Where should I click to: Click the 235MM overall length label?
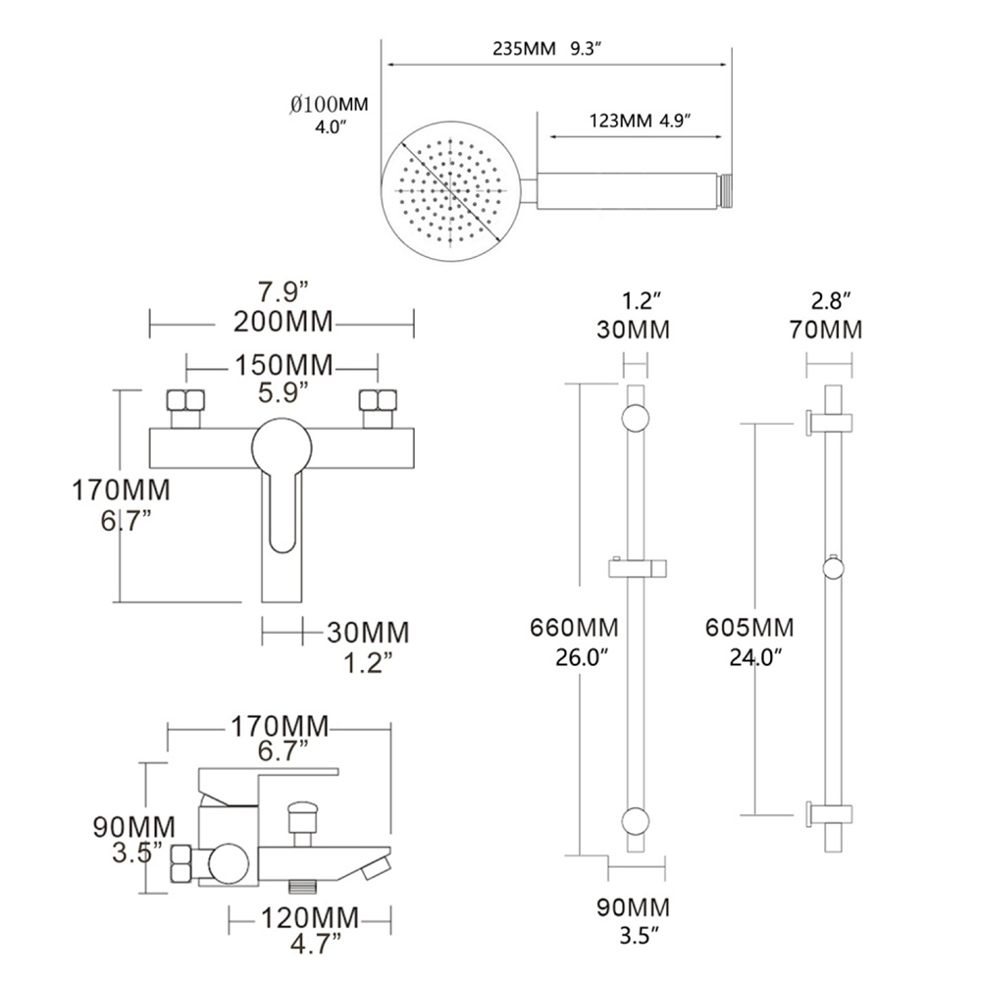(x=527, y=49)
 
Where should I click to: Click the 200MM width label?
(x=281, y=320)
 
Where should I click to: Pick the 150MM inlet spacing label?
(x=281, y=367)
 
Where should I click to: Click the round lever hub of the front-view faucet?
(x=281, y=447)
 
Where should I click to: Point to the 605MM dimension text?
(x=749, y=627)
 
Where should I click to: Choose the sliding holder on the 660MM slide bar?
(x=638, y=567)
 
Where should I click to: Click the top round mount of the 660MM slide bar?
(x=635, y=419)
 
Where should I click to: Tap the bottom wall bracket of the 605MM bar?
(x=828, y=813)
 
